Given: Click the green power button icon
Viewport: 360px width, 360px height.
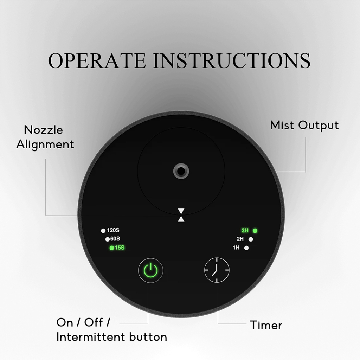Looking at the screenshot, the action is point(150,270).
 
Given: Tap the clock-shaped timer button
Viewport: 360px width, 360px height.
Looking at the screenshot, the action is point(217,270).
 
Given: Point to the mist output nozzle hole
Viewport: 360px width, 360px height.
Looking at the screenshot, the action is point(181,171).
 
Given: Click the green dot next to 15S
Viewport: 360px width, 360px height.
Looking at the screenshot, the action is point(112,248).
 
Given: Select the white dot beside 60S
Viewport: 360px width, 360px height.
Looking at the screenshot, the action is point(108,239).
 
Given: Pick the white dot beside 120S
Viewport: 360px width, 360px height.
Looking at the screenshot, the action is point(103,231).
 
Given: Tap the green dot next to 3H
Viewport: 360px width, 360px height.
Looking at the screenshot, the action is point(255,231).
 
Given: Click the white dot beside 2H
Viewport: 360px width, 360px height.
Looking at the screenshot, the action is point(251,239).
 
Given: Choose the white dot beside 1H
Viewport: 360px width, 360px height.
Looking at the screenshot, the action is point(246,248).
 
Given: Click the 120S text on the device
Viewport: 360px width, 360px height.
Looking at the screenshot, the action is point(113,230).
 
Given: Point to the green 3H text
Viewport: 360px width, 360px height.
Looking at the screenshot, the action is point(245,230).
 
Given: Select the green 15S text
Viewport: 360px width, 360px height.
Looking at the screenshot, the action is point(120,247).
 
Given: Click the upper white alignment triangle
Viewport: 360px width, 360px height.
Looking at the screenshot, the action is point(181,211).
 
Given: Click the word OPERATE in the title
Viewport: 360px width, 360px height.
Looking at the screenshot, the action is point(97,60).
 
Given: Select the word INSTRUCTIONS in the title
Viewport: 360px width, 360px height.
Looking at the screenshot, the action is point(232,60).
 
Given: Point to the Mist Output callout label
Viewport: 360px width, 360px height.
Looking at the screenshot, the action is point(304,126).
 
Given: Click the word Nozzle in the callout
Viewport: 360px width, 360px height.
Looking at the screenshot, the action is point(43,130).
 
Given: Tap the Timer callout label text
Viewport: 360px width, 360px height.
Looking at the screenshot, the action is point(266,325).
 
